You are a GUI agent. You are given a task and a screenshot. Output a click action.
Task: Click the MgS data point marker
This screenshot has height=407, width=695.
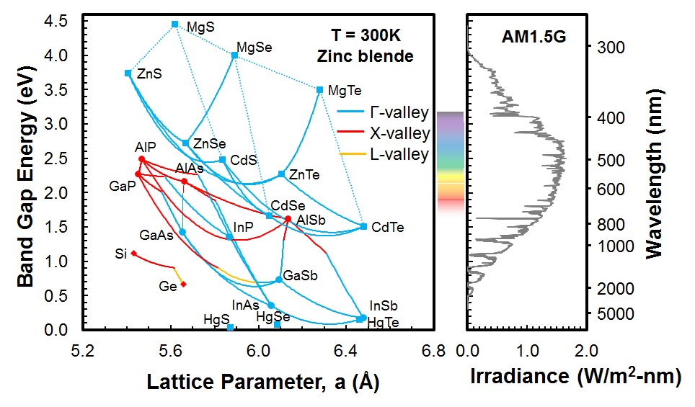(x=174, y=24)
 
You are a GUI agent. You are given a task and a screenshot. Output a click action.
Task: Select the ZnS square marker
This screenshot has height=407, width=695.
(x=128, y=73)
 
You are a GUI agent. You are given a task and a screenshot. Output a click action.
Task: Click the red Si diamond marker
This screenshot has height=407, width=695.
(x=133, y=253)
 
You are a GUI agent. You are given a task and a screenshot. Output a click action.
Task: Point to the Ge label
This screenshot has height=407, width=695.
(x=168, y=287)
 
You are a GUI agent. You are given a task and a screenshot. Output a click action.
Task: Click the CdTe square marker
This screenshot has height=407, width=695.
(x=363, y=227)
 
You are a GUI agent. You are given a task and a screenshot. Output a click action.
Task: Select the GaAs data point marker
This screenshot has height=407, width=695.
(x=182, y=232)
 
